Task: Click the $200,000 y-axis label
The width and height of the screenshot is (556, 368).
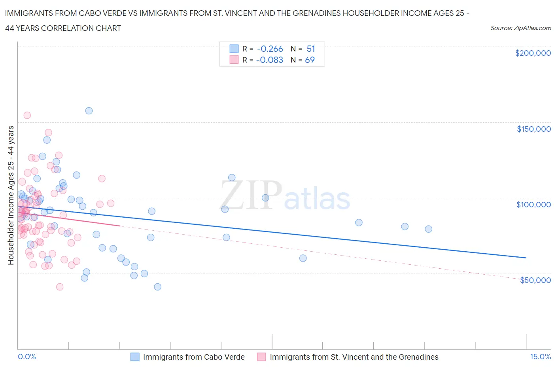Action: [x=533, y=53]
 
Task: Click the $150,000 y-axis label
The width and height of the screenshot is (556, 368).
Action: [x=533, y=129]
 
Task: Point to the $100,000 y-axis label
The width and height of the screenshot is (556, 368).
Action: [x=533, y=205]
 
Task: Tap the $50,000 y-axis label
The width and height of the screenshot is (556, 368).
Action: [x=535, y=280]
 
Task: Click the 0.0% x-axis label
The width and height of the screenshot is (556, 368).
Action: [x=27, y=357]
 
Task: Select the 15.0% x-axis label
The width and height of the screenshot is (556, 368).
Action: [x=540, y=357]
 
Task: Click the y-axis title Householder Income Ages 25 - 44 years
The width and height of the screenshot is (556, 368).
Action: [x=11, y=195]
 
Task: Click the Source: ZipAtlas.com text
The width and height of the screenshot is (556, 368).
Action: [x=520, y=28]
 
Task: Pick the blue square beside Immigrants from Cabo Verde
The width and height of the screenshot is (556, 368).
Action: [x=135, y=357]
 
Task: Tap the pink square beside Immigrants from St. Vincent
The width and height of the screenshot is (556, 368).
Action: [x=261, y=357]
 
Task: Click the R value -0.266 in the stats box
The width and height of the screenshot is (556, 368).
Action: [x=270, y=49]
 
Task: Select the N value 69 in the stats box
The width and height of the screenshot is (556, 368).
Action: [x=310, y=60]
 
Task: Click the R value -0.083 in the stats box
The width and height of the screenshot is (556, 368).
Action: [x=270, y=60]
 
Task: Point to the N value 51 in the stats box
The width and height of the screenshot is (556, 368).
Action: [x=311, y=49]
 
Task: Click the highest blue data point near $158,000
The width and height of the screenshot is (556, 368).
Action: [x=89, y=111]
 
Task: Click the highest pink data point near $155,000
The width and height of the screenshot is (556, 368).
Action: [x=27, y=115]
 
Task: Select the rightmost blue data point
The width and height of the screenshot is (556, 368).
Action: [x=428, y=229]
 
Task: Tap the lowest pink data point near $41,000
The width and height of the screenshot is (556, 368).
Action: [x=60, y=287]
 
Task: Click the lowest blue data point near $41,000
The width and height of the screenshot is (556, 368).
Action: [x=157, y=287]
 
